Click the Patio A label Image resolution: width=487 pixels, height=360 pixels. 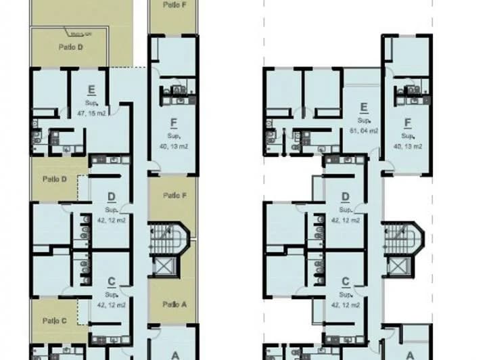174,305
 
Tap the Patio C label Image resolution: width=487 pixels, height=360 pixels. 54,321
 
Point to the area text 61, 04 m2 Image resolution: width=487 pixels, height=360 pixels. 364,131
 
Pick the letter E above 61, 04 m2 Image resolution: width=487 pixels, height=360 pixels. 364,106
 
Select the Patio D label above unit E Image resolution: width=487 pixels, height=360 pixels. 70,47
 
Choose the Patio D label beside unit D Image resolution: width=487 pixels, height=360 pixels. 54,179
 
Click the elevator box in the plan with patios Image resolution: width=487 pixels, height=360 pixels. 164,265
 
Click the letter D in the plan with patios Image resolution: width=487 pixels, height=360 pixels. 112,198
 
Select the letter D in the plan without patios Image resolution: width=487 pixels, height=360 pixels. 345,198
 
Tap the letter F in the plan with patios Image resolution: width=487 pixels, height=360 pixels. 174,123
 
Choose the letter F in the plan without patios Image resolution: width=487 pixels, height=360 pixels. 408,123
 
